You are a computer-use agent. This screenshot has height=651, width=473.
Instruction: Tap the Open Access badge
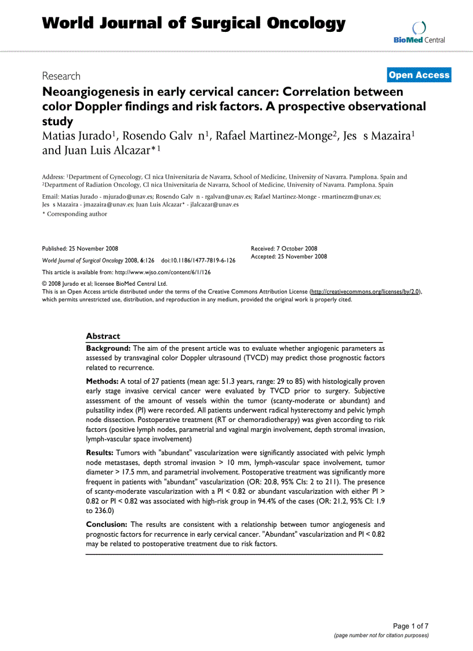click(419, 75)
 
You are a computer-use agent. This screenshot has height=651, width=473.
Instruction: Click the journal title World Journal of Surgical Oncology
click(194, 23)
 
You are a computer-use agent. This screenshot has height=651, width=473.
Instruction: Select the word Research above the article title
click(61, 76)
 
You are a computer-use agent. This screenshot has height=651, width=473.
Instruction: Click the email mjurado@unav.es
click(118, 197)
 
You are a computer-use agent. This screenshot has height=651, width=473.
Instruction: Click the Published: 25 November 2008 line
click(80, 248)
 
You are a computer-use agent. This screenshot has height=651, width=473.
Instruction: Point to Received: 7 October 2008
click(284, 248)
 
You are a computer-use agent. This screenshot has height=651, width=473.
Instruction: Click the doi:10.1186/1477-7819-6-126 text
click(198, 261)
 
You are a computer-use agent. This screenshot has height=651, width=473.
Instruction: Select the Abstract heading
click(103, 336)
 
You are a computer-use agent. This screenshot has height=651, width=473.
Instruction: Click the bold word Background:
click(108, 348)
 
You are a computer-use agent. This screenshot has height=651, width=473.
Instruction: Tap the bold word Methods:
click(102, 381)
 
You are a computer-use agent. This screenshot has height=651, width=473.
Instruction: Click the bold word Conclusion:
click(107, 525)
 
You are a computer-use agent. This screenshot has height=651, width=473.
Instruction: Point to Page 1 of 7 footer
click(410, 626)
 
